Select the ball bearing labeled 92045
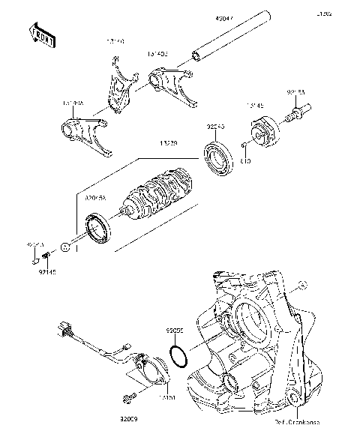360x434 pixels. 220,160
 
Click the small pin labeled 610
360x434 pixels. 245,144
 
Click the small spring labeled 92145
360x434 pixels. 46,259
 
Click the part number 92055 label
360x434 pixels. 175,328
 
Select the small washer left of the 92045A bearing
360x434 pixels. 66,246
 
